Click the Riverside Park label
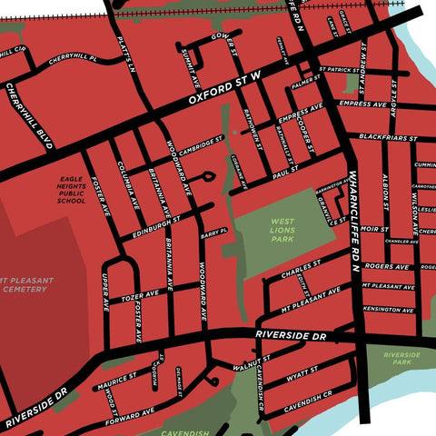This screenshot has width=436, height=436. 399,358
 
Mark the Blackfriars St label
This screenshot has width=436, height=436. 381,137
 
